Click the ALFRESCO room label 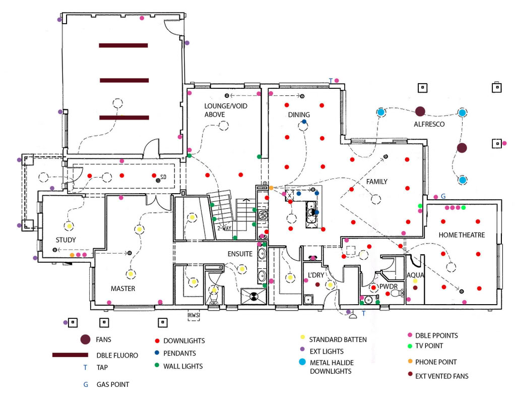(x=429, y=124)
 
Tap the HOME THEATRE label (x=462, y=235)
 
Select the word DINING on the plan (x=299, y=115)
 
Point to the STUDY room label (x=66, y=240)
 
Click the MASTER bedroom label (x=123, y=289)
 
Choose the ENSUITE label (x=240, y=254)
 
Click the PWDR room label (x=389, y=286)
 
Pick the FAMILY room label (x=376, y=182)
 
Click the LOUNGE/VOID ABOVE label (x=221, y=110)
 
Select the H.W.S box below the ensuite (x=194, y=316)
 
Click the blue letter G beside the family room (x=443, y=196)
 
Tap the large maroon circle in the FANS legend (x=85, y=340)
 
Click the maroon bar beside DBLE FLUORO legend (x=74, y=355)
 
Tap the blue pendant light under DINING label (x=304, y=123)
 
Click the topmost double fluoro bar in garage (x=123, y=45)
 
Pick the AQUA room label (x=415, y=275)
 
